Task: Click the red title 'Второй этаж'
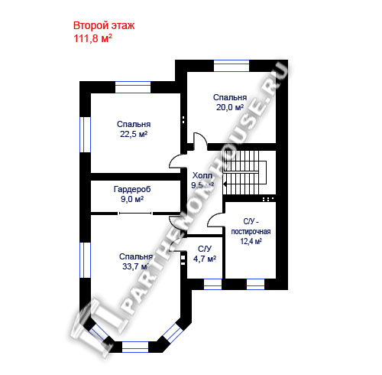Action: click(x=104, y=26)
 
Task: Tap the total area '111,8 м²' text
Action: click(x=92, y=38)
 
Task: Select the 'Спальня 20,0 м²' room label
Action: click(x=230, y=103)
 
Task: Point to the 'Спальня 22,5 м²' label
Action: click(x=134, y=129)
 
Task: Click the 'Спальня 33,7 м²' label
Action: click(x=136, y=262)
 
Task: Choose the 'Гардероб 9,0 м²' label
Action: click(x=132, y=194)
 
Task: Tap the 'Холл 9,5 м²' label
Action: click(x=202, y=181)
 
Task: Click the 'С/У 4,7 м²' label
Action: click(x=205, y=254)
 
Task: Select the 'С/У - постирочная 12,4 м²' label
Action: click(x=251, y=231)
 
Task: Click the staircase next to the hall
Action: click(x=244, y=172)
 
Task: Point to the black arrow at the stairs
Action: click(x=225, y=184)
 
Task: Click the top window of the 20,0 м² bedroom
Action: click(x=231, y=66)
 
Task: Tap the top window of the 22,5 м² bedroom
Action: click(x=133, y=87)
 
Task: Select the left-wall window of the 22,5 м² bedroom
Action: click(x=86, y=135)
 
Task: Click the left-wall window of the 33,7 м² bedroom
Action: click(x=86, y=260)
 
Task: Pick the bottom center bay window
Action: click(x=135, y=347)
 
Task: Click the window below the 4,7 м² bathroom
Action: click(x=213, y=284)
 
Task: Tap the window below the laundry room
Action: click(x=256, y=284)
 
